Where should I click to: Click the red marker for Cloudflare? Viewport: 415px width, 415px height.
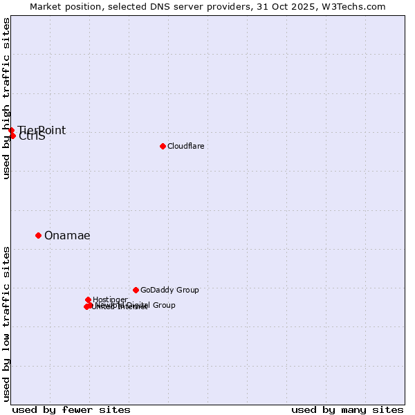pos(163,146)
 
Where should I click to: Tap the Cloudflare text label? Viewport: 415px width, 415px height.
pos(186,147)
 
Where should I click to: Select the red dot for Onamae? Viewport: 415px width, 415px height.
pos(38,235)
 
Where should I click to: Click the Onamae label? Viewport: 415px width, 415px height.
pos(67,236)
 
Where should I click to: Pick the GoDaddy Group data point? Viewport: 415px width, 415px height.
pos(136,290)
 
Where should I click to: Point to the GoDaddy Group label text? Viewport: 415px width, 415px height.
pos(169,290)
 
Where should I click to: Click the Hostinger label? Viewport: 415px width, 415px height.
pos(111,299)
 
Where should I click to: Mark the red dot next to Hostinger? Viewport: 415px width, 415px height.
pos(88,299)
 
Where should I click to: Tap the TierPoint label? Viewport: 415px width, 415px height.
pos(41,131)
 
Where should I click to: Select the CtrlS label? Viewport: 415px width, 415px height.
pos(33,136)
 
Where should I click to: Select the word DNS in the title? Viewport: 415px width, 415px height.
pos(175,7)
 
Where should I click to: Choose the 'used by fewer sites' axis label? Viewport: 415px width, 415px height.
pos(71,409)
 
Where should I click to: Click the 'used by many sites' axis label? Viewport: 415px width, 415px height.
pos(347,409)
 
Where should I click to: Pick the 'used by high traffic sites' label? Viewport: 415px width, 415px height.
pos(7,98)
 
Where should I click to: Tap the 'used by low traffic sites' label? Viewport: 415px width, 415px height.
pos(7,323)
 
